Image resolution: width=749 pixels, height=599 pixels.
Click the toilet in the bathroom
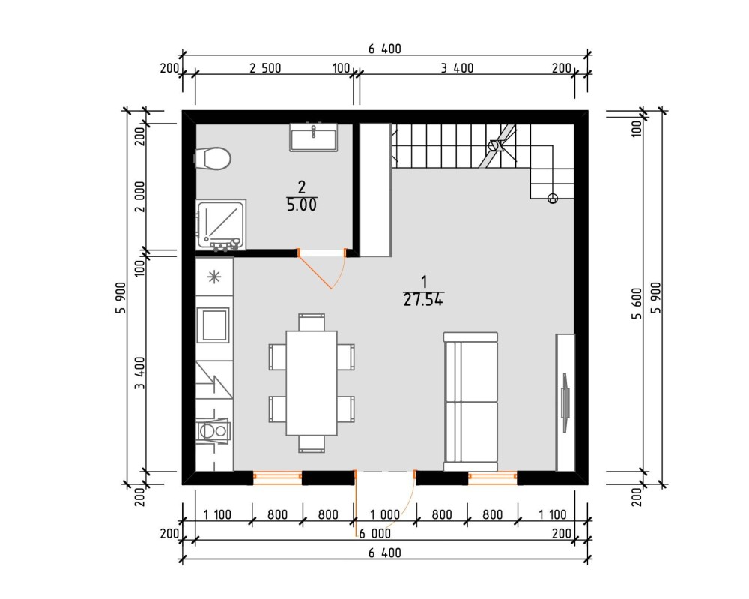pyautogui.click(x=213, y=158)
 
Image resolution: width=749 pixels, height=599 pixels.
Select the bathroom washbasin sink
pyautogui.click(x=313, y=138)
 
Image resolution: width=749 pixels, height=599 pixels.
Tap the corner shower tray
pyautogui.click(x=221, y=224)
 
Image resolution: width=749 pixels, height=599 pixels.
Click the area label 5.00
pyautogui.click(x=301, y=205)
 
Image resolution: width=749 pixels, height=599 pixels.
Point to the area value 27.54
pyautogui.click(x=423, y=300)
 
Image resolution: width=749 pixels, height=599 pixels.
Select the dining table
pyautogui.click(x=312, y=383)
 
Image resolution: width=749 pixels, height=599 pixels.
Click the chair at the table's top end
pyautogui.click(x=312, y=322)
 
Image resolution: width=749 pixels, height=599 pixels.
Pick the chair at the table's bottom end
pyautogui.click(x=312, y=444)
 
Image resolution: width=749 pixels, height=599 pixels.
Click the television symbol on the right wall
pyautogui.click(x=565, y=403)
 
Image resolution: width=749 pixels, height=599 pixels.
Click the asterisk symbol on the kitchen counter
pyautogui.click(x=214, y=277)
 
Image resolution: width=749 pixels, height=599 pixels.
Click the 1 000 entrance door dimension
pyautogui.click(x=385, y=514)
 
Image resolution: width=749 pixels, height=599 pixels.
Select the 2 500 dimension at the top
pyautogui.click(x=265, y=68)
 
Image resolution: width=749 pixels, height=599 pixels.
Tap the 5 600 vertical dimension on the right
pyautogui.click(x=637, y=304)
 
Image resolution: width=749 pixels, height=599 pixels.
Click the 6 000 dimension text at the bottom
pyautogui.click(x=375, y=534)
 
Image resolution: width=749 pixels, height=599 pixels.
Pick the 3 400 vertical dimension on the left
pyautogui.click(x=139, y=373)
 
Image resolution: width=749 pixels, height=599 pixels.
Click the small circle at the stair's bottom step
pyautogui.click(x=553, y=198)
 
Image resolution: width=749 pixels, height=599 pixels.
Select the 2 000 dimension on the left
pyautogui.click(x=139, y=196)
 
